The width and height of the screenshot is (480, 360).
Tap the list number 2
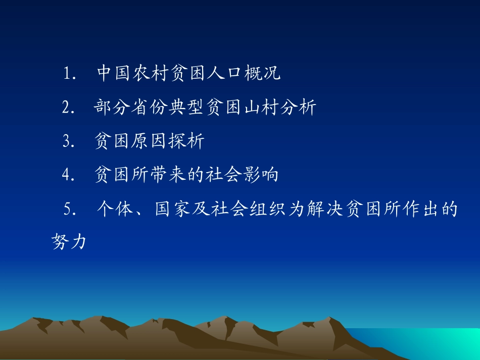pos(66,108)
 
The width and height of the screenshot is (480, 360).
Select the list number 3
pos(66,141)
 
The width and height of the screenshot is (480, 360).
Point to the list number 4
pos(66,175)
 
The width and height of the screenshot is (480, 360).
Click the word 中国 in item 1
pos(111,74)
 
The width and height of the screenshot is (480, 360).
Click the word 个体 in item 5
pos(111,209)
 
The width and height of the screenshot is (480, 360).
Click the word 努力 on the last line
pos(69,242)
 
